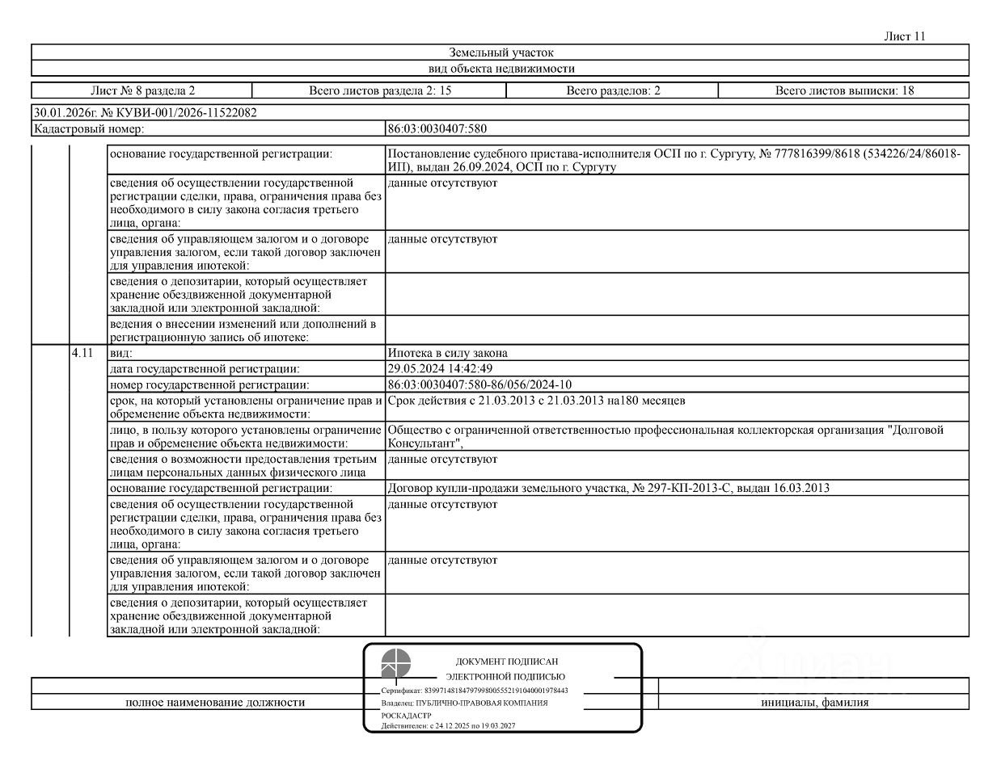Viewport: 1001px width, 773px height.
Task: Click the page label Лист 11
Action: click(904, 36)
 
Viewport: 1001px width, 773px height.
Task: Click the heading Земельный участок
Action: click(500, 53)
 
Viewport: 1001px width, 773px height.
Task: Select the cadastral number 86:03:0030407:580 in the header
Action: click(437, 128)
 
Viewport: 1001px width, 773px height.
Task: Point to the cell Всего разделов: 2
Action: click(613, 90)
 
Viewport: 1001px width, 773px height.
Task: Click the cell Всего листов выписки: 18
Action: click(844, 90)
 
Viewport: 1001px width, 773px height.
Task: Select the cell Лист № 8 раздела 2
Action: click(142, 90)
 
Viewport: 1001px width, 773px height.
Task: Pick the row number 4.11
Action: click(82, 353)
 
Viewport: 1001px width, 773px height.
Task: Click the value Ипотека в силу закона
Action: click(448, 353)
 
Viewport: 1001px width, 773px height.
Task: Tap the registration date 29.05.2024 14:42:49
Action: click(440, 368)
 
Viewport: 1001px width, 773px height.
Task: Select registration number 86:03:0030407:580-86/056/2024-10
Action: click(479, 384)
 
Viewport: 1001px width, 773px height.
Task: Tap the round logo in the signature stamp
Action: click(396, 663)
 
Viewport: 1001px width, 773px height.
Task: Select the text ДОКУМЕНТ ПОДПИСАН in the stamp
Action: click(506, 662)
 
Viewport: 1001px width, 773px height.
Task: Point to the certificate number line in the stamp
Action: click(475, 691)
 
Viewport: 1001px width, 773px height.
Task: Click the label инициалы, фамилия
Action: click(814, 702)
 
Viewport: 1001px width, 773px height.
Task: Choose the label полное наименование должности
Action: click(215, 702)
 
